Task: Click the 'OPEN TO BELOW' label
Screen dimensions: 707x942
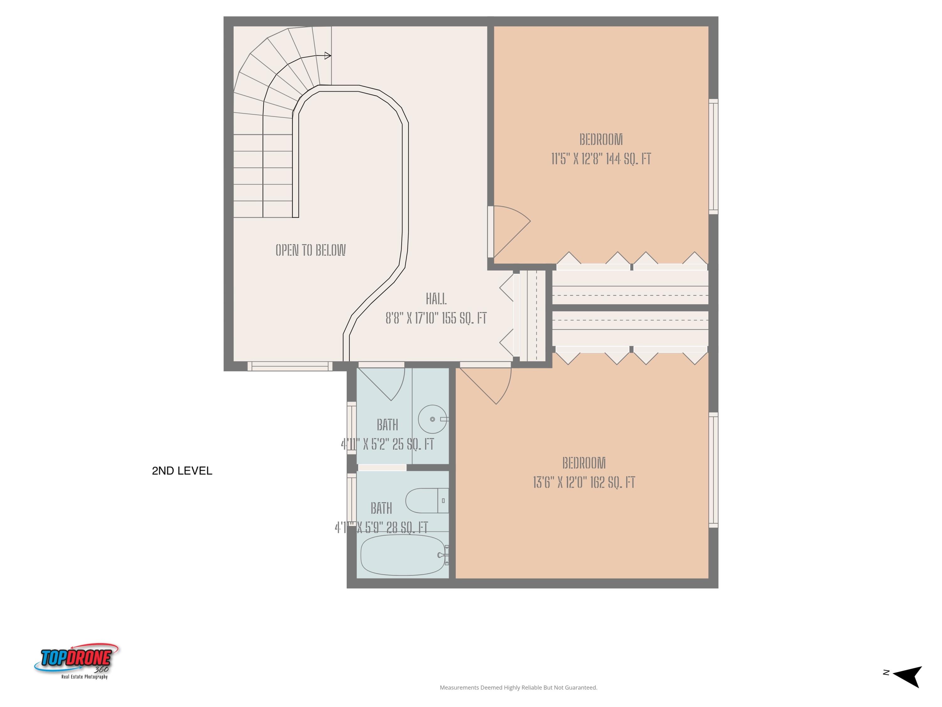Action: coord(311,250)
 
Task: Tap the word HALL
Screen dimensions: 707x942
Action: coord(436,299)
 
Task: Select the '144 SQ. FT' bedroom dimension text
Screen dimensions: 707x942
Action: coord(601,159)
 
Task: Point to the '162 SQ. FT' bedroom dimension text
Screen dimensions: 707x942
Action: coord(584,482)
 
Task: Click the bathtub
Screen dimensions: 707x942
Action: coord(403,555)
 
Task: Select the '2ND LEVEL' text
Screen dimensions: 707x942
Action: coord(182,471)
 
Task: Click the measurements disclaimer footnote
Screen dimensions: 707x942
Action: coord(518,688)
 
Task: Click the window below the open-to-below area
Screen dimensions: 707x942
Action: coord(290,366)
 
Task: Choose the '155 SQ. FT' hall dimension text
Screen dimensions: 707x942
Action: coord(436,318)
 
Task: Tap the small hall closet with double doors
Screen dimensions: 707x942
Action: coord(529,315)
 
